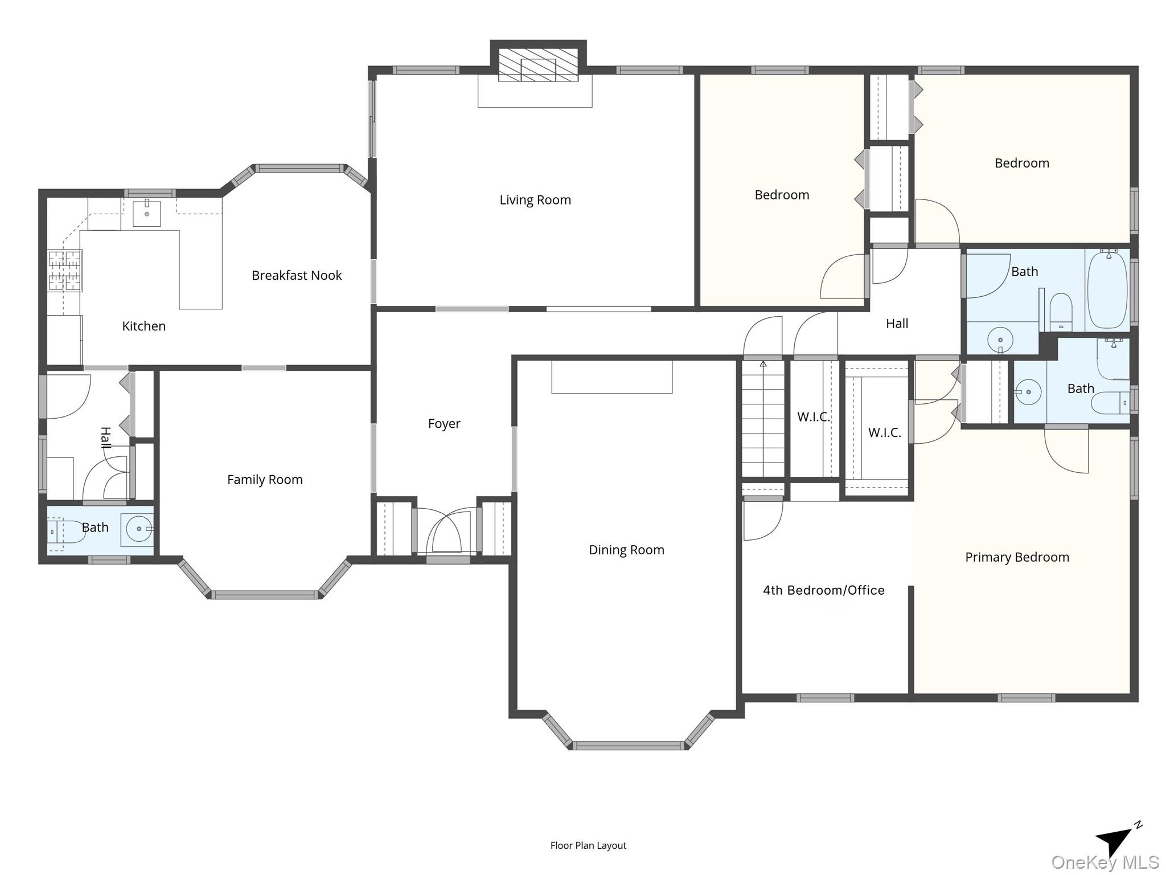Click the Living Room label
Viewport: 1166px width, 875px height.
click(x=535, y=200)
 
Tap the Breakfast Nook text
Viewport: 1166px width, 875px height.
click(x=297, y=276)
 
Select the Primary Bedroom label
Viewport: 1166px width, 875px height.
click(x=1017, y=557)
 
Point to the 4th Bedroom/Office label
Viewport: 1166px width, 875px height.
click(x=823, y=590)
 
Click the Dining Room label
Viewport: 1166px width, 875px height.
click(x=626, y=550)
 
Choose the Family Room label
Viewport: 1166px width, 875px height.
click(x=265, y=480)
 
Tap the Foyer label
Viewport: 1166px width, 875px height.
click(x=444, y=424)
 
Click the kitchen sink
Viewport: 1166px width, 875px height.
click(x=147, y=213)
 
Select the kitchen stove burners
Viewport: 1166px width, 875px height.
click(x=64, y=271)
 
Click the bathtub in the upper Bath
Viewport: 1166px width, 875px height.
click(x=1107, y=289)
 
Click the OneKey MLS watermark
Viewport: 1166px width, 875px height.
click(x=1105, y=862)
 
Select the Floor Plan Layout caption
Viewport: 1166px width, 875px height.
click(x=588, y=845)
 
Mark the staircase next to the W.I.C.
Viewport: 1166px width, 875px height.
click(x=763, y=419)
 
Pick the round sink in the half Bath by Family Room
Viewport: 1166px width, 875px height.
click(x=138, y=529)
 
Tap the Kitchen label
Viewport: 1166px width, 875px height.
click(x=144, y=326)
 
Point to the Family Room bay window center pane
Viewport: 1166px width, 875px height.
click(x=264, y=595)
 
